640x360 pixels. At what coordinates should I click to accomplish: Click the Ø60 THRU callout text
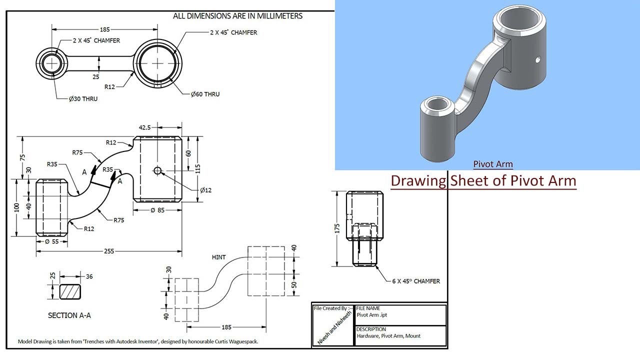point(205,94)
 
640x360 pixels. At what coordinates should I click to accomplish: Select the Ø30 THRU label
point(83,98)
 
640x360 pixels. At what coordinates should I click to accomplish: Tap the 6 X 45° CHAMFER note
point(416,281)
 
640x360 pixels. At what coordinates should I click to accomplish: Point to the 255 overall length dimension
point(109,252)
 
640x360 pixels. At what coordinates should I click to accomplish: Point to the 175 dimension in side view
point(337,229)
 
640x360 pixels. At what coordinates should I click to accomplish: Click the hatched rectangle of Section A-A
point(69,292)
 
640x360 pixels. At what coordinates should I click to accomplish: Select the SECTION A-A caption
point(69,315)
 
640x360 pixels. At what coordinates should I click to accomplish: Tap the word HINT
point(219,257)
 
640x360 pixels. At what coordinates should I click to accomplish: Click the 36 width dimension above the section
point(89,276)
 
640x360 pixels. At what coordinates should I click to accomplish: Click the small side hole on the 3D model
point(538,59)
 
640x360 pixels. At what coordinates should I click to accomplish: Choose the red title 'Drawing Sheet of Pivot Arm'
point(483,180)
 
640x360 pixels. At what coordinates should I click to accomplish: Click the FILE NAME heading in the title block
point(368,308)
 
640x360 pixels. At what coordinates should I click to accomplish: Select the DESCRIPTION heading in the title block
point(371,329)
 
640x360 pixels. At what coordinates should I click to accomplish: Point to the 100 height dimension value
point(16,206)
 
